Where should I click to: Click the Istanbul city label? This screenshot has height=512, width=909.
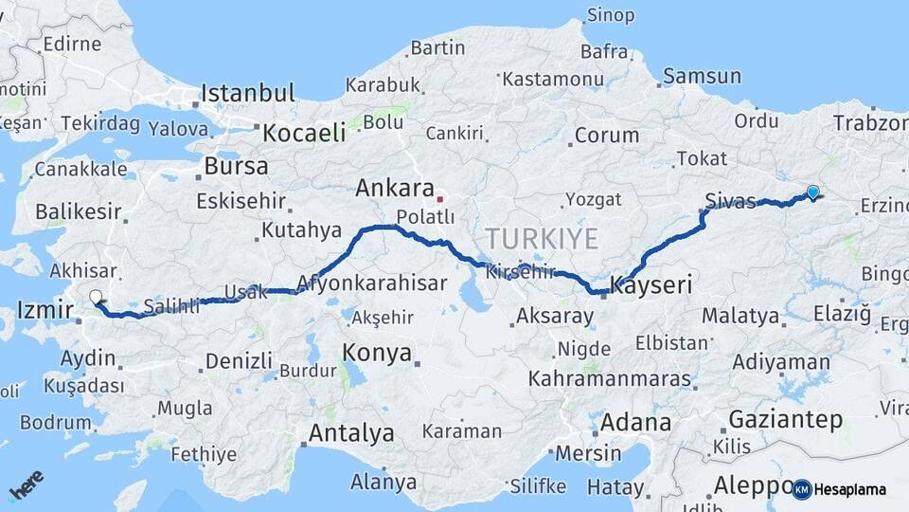[248, 94]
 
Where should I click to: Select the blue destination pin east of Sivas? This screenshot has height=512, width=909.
[812, 192]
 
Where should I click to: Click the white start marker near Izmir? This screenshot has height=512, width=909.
[96, 297]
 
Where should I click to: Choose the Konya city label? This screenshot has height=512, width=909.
[377, 354]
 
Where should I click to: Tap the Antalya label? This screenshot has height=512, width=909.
[351, 433]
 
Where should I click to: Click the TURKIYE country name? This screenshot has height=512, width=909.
[542, 238]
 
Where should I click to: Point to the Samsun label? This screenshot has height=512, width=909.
[702, 76]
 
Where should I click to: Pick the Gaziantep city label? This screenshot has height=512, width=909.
[785, 419]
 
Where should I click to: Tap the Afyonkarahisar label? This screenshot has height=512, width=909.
[371, 283]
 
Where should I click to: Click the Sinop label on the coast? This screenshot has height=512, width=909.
[611, 14]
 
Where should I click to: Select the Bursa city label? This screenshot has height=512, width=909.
[237, 167]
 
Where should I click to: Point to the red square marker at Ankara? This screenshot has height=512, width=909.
[439, 199]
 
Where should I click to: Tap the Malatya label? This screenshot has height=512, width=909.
[740, 316]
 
